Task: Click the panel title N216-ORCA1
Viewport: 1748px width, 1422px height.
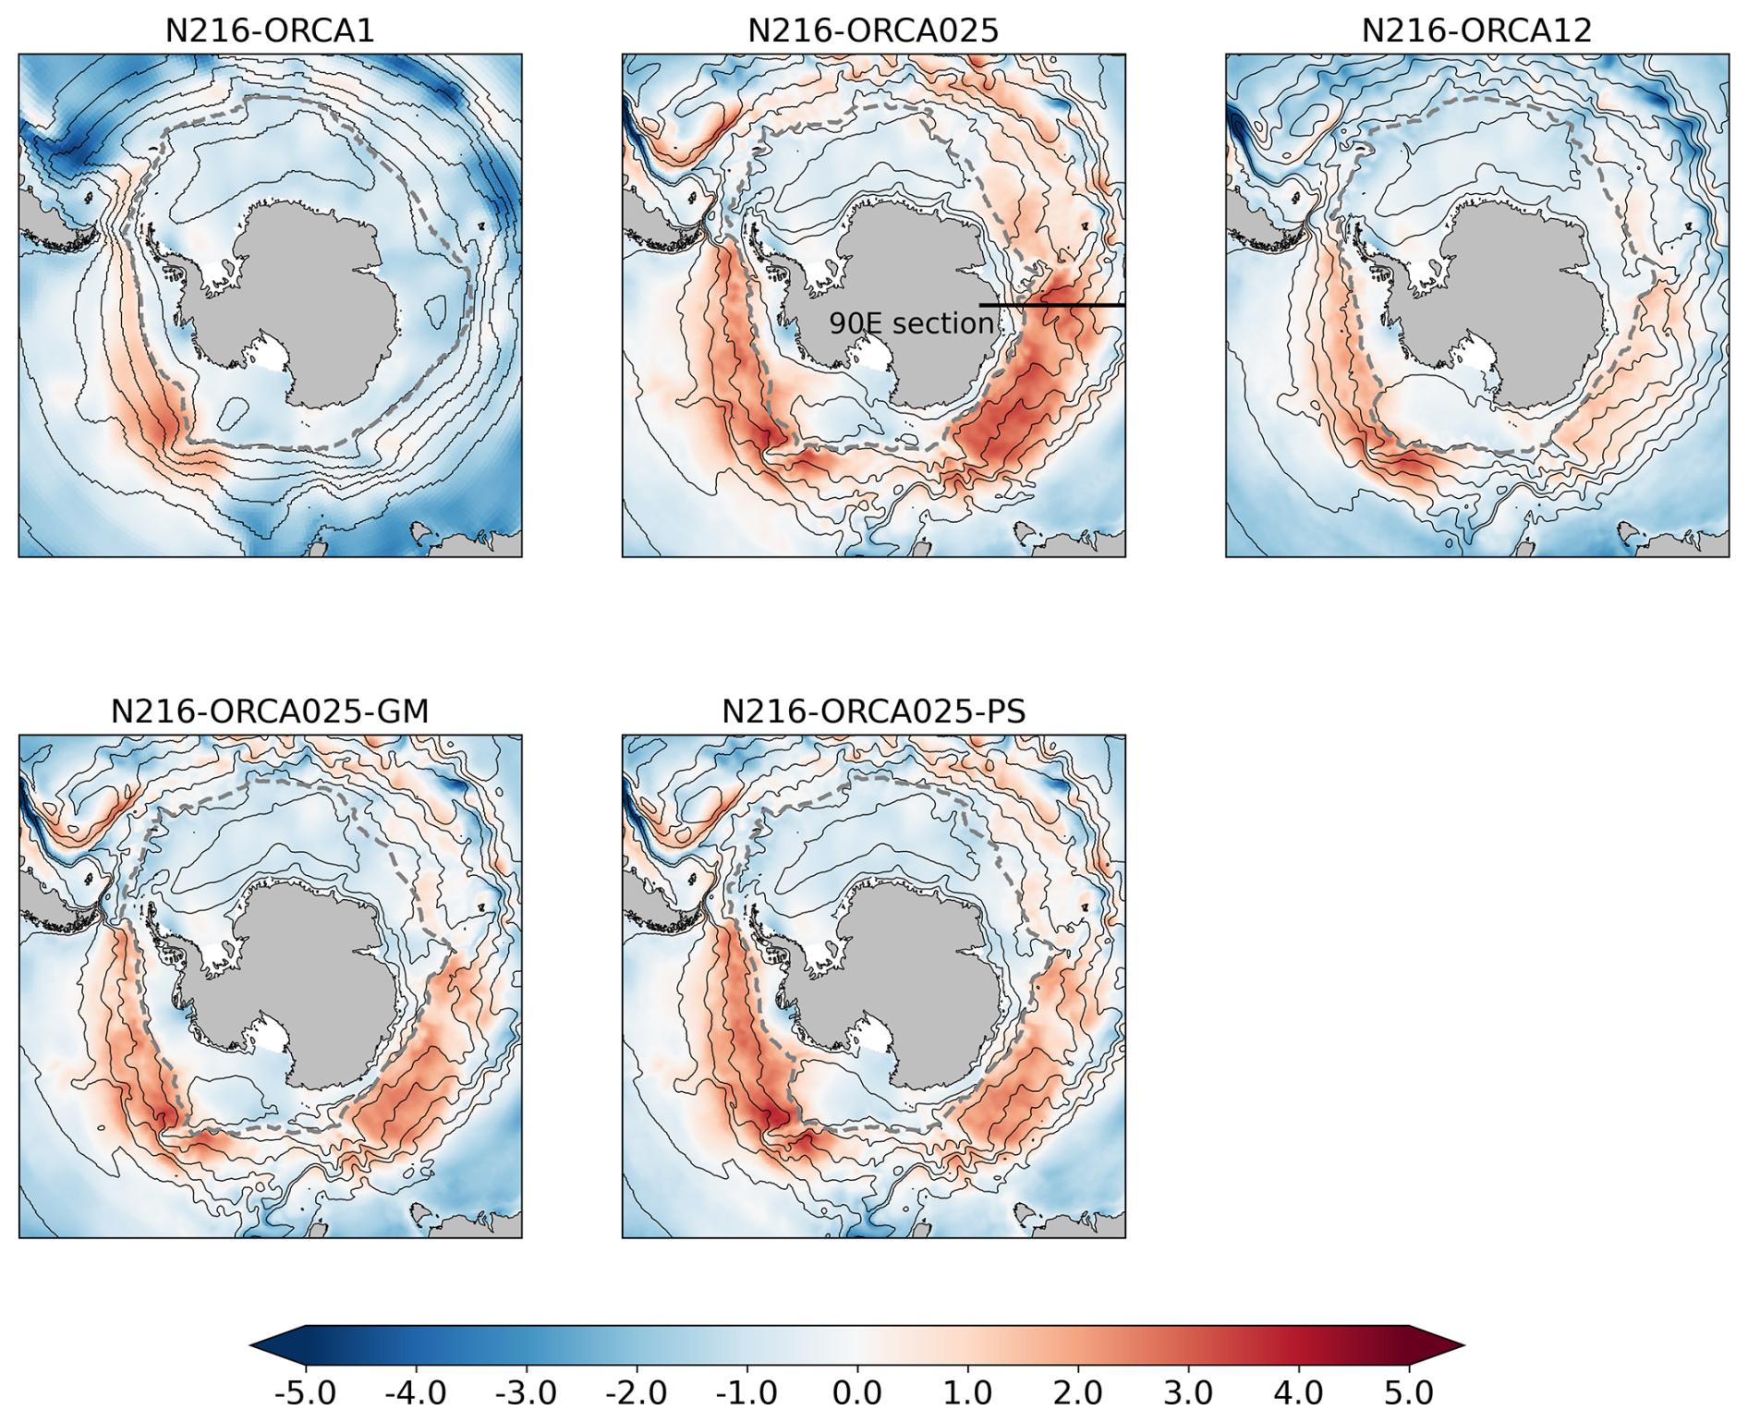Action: tap(270, 30)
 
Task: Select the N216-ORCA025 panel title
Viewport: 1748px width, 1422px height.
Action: tap(873, 30)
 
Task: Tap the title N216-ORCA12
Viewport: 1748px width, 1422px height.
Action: tap(1476, 30)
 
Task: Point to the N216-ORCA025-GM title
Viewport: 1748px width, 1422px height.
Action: tap(270, 711)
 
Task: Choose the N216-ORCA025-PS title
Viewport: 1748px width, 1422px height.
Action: tap(873, 711)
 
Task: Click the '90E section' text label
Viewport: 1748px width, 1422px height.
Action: tap(911, 323)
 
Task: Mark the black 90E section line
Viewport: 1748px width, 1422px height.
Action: tap(1052, 305)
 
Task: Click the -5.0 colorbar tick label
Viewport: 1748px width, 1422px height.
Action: tap(305, 1392)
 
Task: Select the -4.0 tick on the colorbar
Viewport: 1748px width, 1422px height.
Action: tap(416, 1392)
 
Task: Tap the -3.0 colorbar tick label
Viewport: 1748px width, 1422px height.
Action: tap(526, 1392)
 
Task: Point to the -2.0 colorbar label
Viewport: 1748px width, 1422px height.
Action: tap(637, 1392)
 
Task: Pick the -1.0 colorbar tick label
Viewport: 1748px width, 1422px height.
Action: tap(747, 1392)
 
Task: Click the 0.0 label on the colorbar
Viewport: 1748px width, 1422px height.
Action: tap(857, 1392)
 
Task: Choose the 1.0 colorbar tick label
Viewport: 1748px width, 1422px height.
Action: tap(967, 1392)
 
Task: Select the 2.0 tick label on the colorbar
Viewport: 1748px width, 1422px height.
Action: tap(1078, 1392)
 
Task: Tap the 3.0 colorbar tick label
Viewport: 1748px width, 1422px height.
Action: tap(1188, 1392)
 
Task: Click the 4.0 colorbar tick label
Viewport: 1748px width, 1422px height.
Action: tap(1299, 1392)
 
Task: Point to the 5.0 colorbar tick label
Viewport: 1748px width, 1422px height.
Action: tap(1409, 1392)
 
